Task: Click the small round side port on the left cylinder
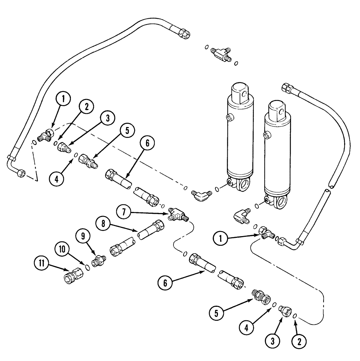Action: (228, 117)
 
